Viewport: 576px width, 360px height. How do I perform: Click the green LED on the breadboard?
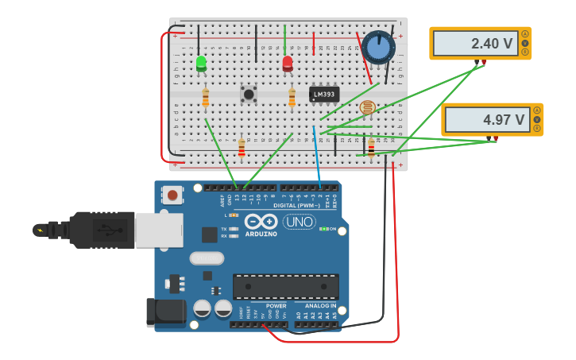[x=201, y=63]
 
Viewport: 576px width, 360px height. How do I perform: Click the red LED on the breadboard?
[x=288, y=64]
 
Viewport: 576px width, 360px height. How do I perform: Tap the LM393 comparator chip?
[x=324, y=95]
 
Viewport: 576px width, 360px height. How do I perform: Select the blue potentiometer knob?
[x=378, y=48]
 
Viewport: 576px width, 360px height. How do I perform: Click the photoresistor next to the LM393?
[x=367, y=107]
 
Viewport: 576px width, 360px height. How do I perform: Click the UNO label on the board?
[x=300, y=222]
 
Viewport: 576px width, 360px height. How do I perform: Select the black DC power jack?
[x=165, y=312]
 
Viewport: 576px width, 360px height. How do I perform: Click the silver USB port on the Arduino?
[x=159, y=230]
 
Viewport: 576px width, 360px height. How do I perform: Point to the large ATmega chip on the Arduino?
[x=285, y=286]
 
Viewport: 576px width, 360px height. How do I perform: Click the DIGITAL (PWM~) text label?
[x=296, y=205]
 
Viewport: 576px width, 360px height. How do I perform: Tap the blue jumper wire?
[x=316, y=155]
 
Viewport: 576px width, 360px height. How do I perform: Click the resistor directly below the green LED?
[x=206, y=98]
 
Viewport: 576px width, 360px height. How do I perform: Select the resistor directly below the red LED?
[x=292, y=98]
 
